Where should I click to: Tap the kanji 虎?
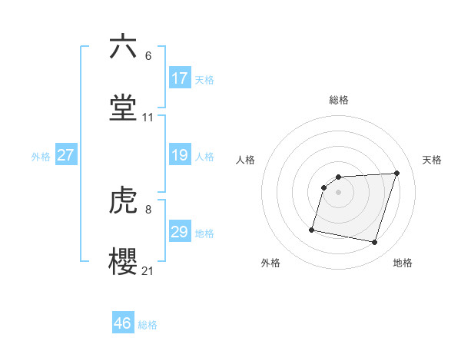[123, 201]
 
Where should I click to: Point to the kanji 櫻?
[123, 261]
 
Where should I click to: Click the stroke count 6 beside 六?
[148, 56]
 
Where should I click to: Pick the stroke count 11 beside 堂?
[148, 118]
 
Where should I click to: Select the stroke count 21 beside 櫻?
[148, 271]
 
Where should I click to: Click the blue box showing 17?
[179, 78]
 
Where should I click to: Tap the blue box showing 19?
[179, 155]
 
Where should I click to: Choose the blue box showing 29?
[179, 232]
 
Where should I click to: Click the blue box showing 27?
[66, 155]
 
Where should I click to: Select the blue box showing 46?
[123, 323]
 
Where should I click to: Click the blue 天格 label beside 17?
[204, 79]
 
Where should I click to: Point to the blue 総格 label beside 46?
[148, 324]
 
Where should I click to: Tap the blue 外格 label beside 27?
[41, 156]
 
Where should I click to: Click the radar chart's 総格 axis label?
[339, 100]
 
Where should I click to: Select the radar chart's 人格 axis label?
[245, 160]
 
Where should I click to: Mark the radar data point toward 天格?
[396, 173]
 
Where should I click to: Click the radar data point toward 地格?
[374, 243]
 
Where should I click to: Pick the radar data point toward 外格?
[312, 229]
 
